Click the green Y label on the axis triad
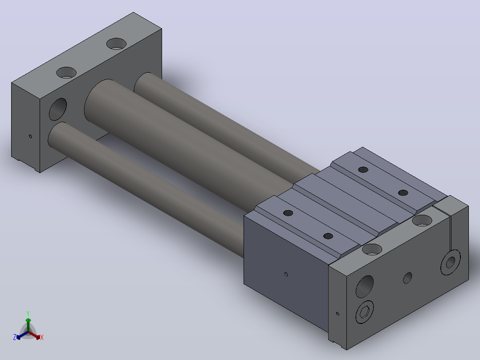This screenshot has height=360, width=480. click(x=28, y=313)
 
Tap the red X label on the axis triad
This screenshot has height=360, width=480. click(x=42, y=337)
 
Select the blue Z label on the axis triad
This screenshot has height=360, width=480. click(x=15, y=337)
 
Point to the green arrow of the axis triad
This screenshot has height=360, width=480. click(x=28, y=325)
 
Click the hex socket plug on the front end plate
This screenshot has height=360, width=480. click(x=365, y=312)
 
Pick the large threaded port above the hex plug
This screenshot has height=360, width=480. click(x=365, y=286)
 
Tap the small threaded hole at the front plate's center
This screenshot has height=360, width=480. click(x=407, y=278)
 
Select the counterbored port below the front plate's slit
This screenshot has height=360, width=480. click(x=451, y=262)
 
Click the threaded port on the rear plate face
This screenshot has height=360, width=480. click(x=58, y=109)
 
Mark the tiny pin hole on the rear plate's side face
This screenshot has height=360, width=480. click(x=30, y=136)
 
